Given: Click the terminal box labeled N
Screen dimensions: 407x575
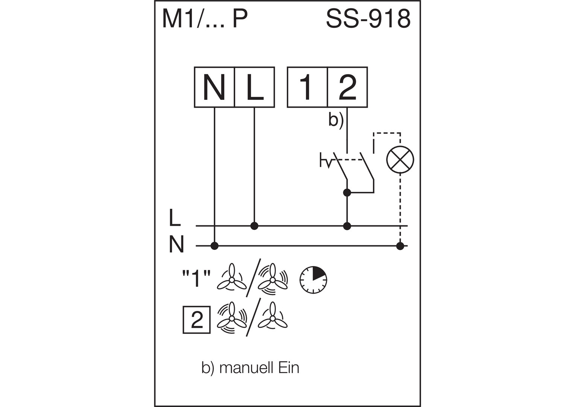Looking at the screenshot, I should click(214, 87).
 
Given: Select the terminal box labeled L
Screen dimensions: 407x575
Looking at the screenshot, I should click(254, 87).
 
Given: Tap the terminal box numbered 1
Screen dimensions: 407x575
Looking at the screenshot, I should click(307, 87).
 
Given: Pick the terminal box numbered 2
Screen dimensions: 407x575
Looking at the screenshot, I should click(347, 87).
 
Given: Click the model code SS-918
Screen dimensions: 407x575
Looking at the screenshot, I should click(368, 19).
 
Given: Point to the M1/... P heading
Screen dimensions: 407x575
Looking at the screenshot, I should click(205, 19).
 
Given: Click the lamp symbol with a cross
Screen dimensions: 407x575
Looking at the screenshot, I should click(400, 160).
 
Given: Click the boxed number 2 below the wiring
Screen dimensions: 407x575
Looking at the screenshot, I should click(196, 320).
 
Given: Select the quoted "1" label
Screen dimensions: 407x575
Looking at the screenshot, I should click(196, 279).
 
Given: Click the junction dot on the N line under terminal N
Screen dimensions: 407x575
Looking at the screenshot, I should click(214, 246).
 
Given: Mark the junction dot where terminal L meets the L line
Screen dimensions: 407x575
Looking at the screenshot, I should click(254, 226).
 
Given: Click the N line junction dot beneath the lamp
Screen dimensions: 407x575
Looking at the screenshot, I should click(400, 246).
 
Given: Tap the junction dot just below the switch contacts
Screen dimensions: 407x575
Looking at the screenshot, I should click(347, 193).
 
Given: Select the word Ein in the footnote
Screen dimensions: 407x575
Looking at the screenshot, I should click(289, 367).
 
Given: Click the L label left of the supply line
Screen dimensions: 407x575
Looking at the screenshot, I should click(175, 218).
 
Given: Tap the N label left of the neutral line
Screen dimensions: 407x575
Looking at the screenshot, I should click(176, 245).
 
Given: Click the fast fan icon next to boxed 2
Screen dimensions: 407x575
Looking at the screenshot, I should click(231, 318).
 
